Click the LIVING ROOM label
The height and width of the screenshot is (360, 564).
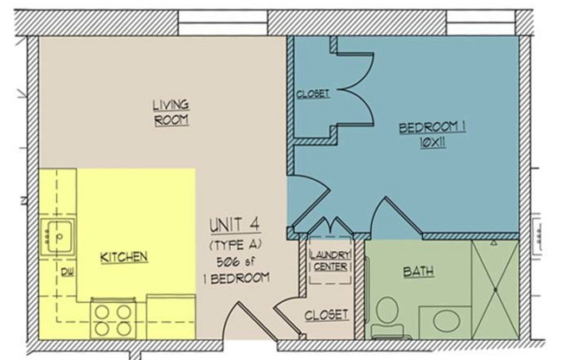click(x=170, y=112)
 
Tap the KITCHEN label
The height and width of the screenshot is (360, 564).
click(x=124, y=257)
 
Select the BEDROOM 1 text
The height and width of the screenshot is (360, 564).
click(x=433, y=128)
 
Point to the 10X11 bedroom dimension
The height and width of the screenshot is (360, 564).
click(x=433, y=144)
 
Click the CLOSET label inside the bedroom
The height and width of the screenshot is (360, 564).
click(x=312, y=93)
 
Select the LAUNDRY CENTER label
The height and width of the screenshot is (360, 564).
click(x=329, y=260)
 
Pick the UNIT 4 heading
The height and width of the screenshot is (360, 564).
click(x=236, y=228)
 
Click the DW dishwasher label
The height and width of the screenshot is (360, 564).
click(x=66, y=272)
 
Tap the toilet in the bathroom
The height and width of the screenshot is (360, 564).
click(x=387, y=317)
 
